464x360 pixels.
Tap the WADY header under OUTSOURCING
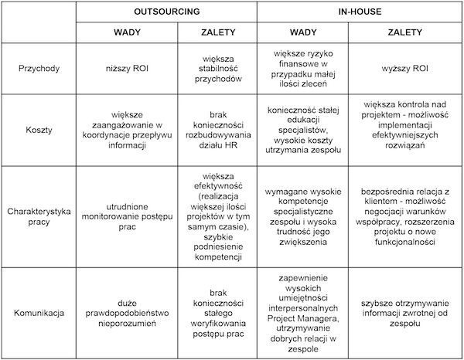coord(126,33)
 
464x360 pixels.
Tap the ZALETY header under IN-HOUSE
coord(406,33)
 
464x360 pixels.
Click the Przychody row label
coord(38,68)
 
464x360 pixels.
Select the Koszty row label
coord(38,130)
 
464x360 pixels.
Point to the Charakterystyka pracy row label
coord(38,216)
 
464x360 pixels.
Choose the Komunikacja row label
coord(38,313)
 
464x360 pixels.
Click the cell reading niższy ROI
coord(126,68)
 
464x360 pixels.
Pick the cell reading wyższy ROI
coord(406,68)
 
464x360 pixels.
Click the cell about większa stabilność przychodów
coord(217,68)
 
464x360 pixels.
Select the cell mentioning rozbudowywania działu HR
coord(217,130)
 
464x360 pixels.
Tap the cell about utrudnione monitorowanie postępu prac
coord(126,216)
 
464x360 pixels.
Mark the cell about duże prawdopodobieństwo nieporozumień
coord(126,313)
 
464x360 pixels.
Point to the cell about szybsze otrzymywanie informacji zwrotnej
coord(406,313)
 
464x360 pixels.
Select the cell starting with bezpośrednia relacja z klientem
coord(406,216)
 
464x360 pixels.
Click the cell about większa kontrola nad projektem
coord(406,130)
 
